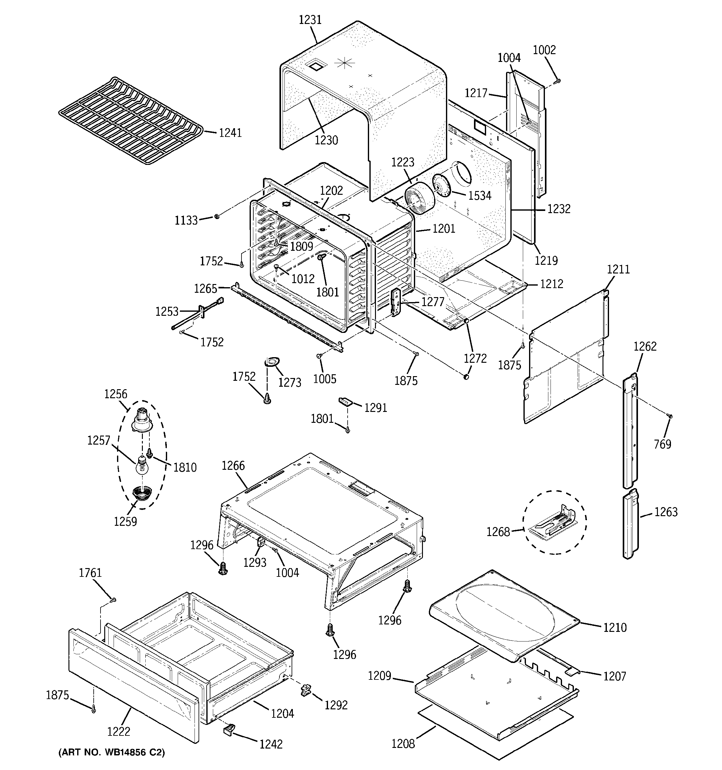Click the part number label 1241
pos(230,133)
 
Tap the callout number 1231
pos(310,20)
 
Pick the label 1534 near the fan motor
pos(480,196)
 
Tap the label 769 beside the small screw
pos(662,444)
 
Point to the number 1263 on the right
pos(666,512)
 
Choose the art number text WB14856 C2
pos(112,753)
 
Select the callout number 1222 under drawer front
pos(119,732)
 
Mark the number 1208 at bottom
pos(403,744)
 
